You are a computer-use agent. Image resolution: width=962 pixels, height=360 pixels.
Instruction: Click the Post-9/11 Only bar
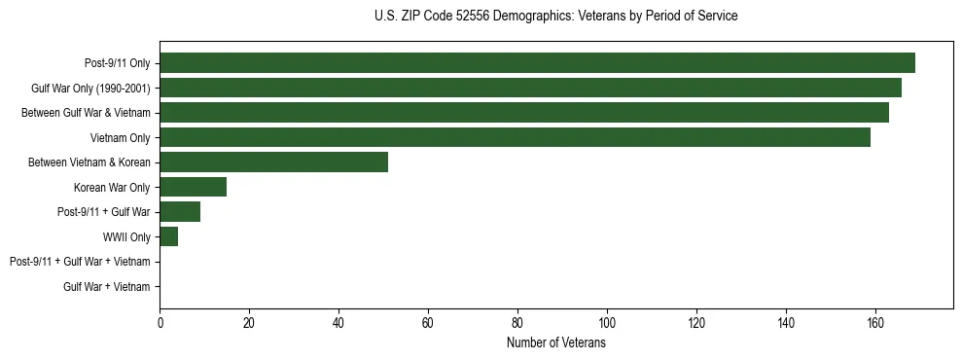(537, 63)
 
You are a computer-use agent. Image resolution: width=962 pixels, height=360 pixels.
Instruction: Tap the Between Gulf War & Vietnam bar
(524, 113)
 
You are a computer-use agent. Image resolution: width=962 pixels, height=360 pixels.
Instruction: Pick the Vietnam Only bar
(515, 137)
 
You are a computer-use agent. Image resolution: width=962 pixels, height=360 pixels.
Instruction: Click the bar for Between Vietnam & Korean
(273, 162)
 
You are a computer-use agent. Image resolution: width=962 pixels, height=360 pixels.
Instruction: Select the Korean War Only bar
(193, 187)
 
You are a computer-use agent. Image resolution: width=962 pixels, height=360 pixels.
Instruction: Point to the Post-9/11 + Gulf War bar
(180, 212)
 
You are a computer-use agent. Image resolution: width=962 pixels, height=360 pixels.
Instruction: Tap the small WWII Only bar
(168, 236)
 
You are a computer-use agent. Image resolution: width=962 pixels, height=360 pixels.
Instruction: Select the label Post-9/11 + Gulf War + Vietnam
(80, 262)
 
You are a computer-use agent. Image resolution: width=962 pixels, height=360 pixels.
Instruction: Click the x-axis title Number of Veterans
(555, 343)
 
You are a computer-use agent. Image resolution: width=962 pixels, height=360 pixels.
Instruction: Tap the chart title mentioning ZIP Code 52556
(555, 17)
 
